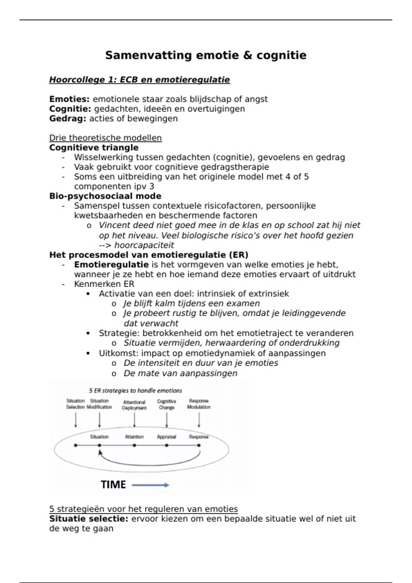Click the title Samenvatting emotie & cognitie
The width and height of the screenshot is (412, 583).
point(206,55)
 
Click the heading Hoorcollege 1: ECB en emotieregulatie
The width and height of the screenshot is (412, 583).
point(139,80)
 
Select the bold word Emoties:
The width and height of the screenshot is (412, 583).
point(69,99)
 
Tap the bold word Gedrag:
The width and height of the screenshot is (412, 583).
point(68,119)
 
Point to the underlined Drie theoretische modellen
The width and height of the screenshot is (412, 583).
point(105,138)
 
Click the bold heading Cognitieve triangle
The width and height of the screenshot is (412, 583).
point(94,148)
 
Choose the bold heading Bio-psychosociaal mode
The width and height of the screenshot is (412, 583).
point(105,196)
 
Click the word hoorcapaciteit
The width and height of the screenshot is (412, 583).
point(144,245)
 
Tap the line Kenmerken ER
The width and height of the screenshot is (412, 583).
point(104,284)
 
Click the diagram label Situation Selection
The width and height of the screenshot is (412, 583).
point(76,404)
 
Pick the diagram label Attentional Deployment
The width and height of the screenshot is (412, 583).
point(134,405)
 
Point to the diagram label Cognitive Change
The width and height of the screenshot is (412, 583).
point(167,404)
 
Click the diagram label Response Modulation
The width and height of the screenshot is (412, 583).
point(199,404)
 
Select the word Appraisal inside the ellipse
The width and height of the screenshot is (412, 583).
point(167,437)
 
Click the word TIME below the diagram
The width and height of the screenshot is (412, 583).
point(113,485)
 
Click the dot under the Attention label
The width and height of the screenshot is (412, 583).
point(134,445)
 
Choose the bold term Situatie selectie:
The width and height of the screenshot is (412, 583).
point(89,519)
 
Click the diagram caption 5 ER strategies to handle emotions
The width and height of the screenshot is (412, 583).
point(136,391)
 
